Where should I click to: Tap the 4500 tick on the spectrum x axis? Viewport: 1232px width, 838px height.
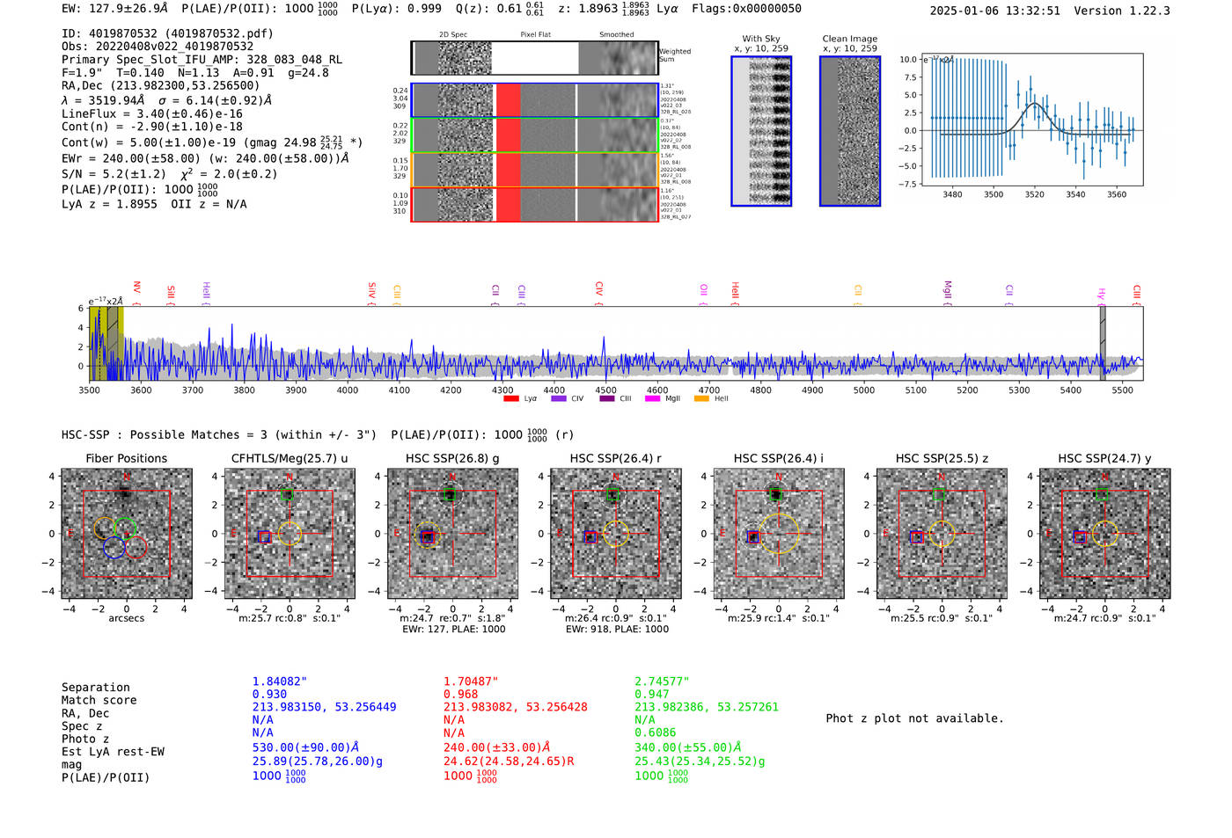pyautogui.click(x=605, y=390)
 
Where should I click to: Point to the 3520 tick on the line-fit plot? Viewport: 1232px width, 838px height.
pyautogui.click(x=1034, y=194)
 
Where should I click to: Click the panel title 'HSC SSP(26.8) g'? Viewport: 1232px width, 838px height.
pyautogui.click(x=452, y=458)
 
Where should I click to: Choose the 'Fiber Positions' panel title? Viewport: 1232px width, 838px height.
pyautogui.click(x=126, y=458)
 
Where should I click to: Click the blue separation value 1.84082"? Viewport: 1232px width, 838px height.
pyautogui.click(x=280, y=681)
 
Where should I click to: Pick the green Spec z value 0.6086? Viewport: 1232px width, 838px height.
pyautogui.click(x=656, y=732)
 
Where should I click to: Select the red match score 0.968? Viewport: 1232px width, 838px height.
pyautogui.click(x=460, y=695)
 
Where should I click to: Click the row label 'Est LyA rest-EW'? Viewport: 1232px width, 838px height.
pyautogui.click(x=113, y=752)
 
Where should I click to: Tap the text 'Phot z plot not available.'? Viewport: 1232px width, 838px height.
pyautogui.click(x=914, y=718)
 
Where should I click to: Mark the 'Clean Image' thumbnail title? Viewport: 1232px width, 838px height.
pyautogui.click(x=849, y=39)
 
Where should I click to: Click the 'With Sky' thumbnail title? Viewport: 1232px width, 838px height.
pyautogui.click(x=761, y=39)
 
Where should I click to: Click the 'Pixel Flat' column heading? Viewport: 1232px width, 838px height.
pyautogui.click(x=535, y=35)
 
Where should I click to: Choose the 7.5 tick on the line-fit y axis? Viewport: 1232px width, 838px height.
pyautogui.click(x=908, y=77)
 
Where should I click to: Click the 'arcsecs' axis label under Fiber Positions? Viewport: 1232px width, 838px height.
pyautogui.click(x=126, y=618)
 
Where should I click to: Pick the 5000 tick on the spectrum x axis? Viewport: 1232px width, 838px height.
pyautogui.click(x=863, y=390)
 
